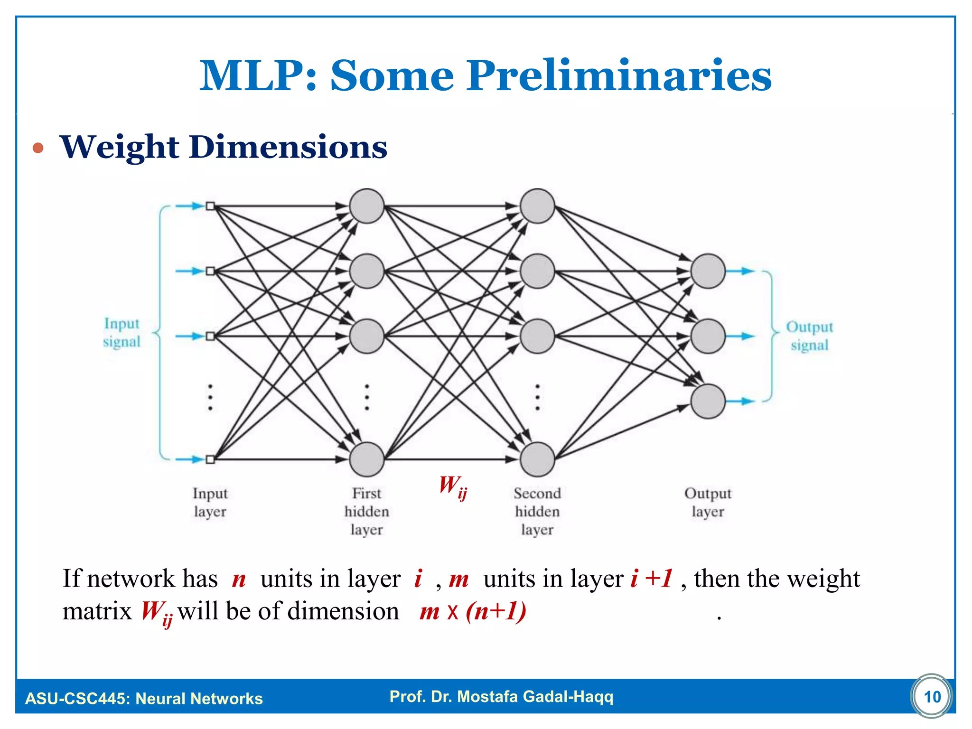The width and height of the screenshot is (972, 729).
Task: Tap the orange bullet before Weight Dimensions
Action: [38, 149]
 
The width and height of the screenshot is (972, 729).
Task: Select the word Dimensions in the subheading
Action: [288, 147]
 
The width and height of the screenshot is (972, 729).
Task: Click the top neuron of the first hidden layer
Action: [366, 206]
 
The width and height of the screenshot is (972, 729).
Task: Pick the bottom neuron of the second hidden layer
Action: [537, 459]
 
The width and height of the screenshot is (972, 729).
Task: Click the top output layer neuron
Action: [708, 271]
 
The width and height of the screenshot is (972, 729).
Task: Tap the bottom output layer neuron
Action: [708, 401]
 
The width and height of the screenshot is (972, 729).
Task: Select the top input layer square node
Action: [210, 206]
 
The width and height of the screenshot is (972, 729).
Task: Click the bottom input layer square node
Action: [210, 459]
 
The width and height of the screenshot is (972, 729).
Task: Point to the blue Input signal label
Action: [122, 332]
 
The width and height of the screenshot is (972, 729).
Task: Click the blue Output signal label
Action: [809, 336]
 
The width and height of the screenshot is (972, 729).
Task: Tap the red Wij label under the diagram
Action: [452, 487]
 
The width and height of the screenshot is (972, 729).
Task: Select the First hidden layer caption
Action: [366, 511]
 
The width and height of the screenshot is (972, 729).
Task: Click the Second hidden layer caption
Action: [537, 511]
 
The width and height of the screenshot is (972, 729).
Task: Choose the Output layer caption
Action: [708, 502]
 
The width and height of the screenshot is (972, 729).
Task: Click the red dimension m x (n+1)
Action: [473, 611]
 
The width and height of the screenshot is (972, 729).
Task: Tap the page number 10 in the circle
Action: [932, 697]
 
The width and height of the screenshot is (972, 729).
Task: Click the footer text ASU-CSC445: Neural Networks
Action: [144, 699]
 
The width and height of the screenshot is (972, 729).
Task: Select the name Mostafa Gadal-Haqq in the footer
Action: [535, 697]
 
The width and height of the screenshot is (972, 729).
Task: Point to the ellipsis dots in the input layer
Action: [210, 397]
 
